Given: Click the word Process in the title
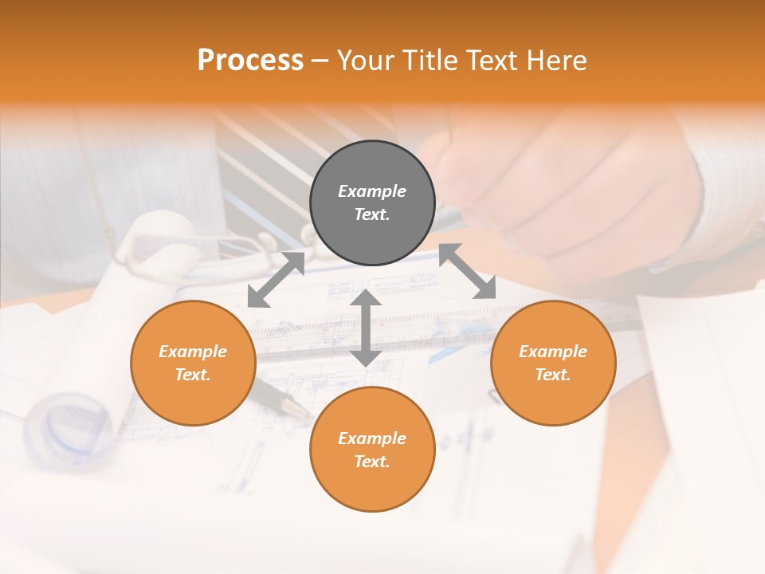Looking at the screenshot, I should coord(250,61).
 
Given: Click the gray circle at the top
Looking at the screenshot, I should coord(372,203).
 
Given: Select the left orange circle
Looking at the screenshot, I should coord(193,363).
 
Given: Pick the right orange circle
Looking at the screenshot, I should coord(553,363).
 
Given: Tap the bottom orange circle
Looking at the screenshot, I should coord(372,449).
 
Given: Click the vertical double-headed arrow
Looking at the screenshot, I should coord(366,328).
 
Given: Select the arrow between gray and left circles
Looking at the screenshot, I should coord(276,279).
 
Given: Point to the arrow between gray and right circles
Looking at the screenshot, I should coord(467,272).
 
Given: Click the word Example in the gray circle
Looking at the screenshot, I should coord(372,191).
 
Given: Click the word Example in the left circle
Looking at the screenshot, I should coord(193,352).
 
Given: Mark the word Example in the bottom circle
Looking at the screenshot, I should coord(372,438).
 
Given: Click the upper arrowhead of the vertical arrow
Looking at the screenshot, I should coord(366,298).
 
